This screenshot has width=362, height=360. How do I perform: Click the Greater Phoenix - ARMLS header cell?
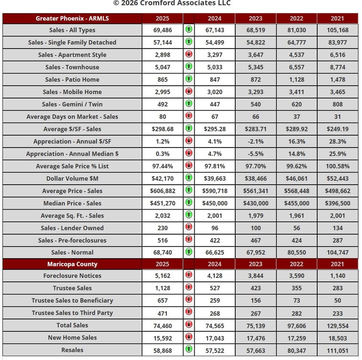point(72,18)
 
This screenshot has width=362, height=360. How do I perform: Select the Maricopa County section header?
point(72,264)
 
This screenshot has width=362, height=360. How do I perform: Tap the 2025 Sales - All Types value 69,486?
point(162,30)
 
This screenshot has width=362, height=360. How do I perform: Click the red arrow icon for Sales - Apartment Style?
point(189,55)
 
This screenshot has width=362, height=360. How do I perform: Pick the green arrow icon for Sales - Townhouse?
point(189,67)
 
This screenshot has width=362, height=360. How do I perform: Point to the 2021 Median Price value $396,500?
point(337,204)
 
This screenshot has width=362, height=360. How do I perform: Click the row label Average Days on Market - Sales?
point(72,117)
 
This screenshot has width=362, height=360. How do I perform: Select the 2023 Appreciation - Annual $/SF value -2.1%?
point(255,141)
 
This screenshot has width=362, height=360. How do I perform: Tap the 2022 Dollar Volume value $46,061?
point(296,179)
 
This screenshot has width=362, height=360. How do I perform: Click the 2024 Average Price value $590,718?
point(214,191)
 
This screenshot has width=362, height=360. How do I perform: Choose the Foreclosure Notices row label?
point(72,276)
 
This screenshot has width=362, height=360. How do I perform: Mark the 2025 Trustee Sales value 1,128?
point(162,288)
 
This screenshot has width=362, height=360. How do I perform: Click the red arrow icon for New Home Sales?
point(189,337)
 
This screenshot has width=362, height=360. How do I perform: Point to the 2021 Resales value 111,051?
point(337,350)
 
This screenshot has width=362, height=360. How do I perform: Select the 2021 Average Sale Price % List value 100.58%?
point(337,166)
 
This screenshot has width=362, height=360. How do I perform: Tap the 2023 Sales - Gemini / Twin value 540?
point(255,105)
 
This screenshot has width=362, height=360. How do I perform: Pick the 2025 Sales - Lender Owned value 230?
point(162,228)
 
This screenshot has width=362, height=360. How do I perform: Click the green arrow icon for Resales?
point(189,350)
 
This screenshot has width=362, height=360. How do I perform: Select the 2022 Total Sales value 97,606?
point(296,325)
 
